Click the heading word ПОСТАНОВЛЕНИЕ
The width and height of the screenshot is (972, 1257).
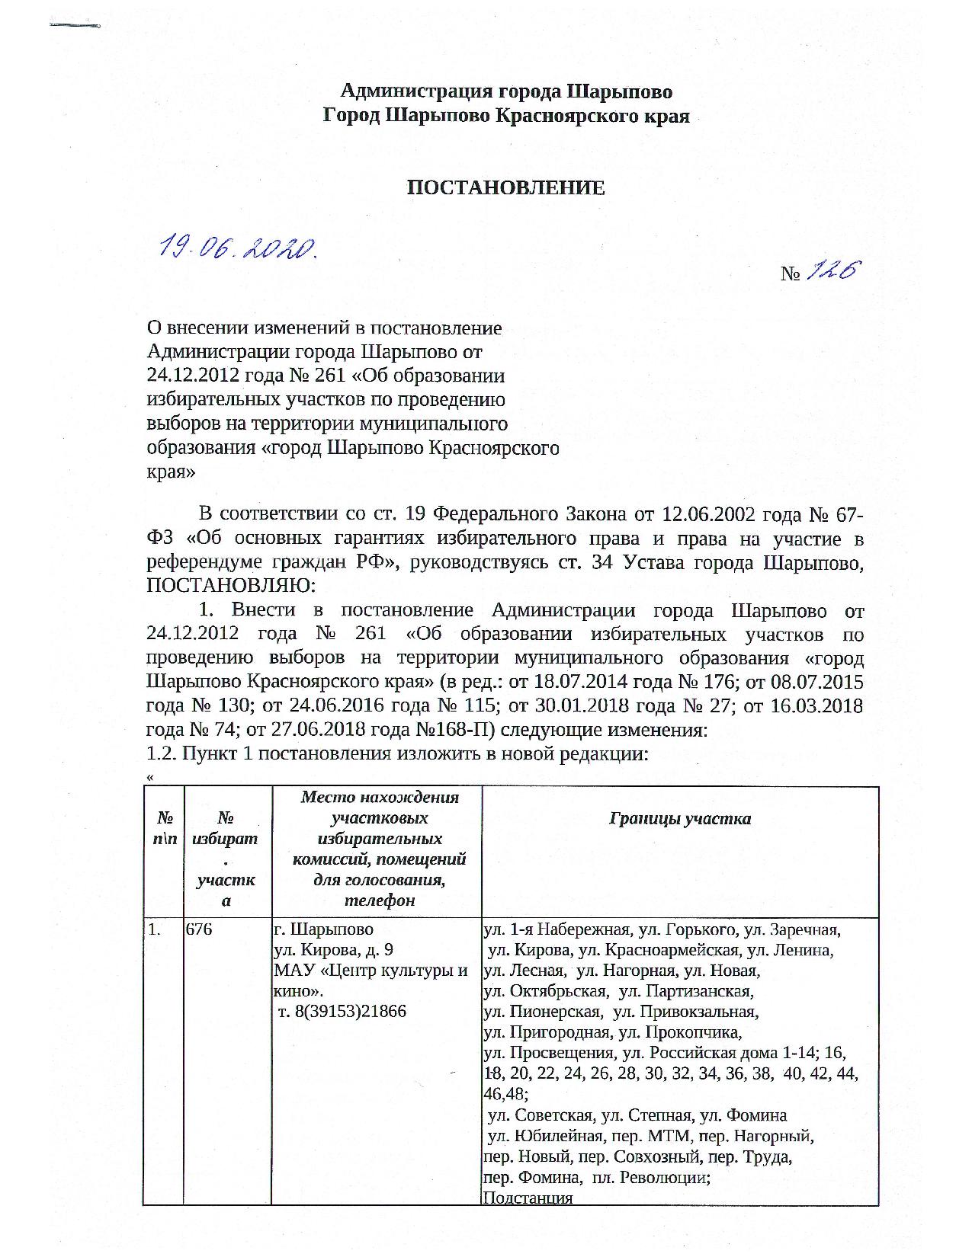pos(505,188)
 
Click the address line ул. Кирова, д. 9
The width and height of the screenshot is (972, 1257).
pos(333,951)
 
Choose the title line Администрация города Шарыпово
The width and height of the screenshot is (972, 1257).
pos(505,92)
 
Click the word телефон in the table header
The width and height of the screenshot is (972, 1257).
pos(379,900)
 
